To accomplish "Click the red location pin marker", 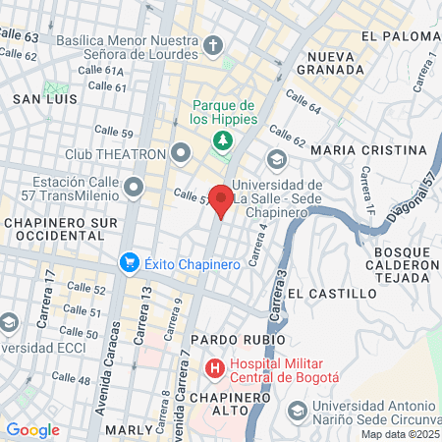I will point(222,198).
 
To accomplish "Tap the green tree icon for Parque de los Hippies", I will point(223,139).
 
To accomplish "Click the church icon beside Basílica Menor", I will point(213,46).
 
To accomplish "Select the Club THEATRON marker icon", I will point(180,153).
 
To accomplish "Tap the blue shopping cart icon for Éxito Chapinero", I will point(129,262).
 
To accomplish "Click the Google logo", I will point(32,429).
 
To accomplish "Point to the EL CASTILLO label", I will point(332,293).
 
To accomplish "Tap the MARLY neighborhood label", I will point(130,429).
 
